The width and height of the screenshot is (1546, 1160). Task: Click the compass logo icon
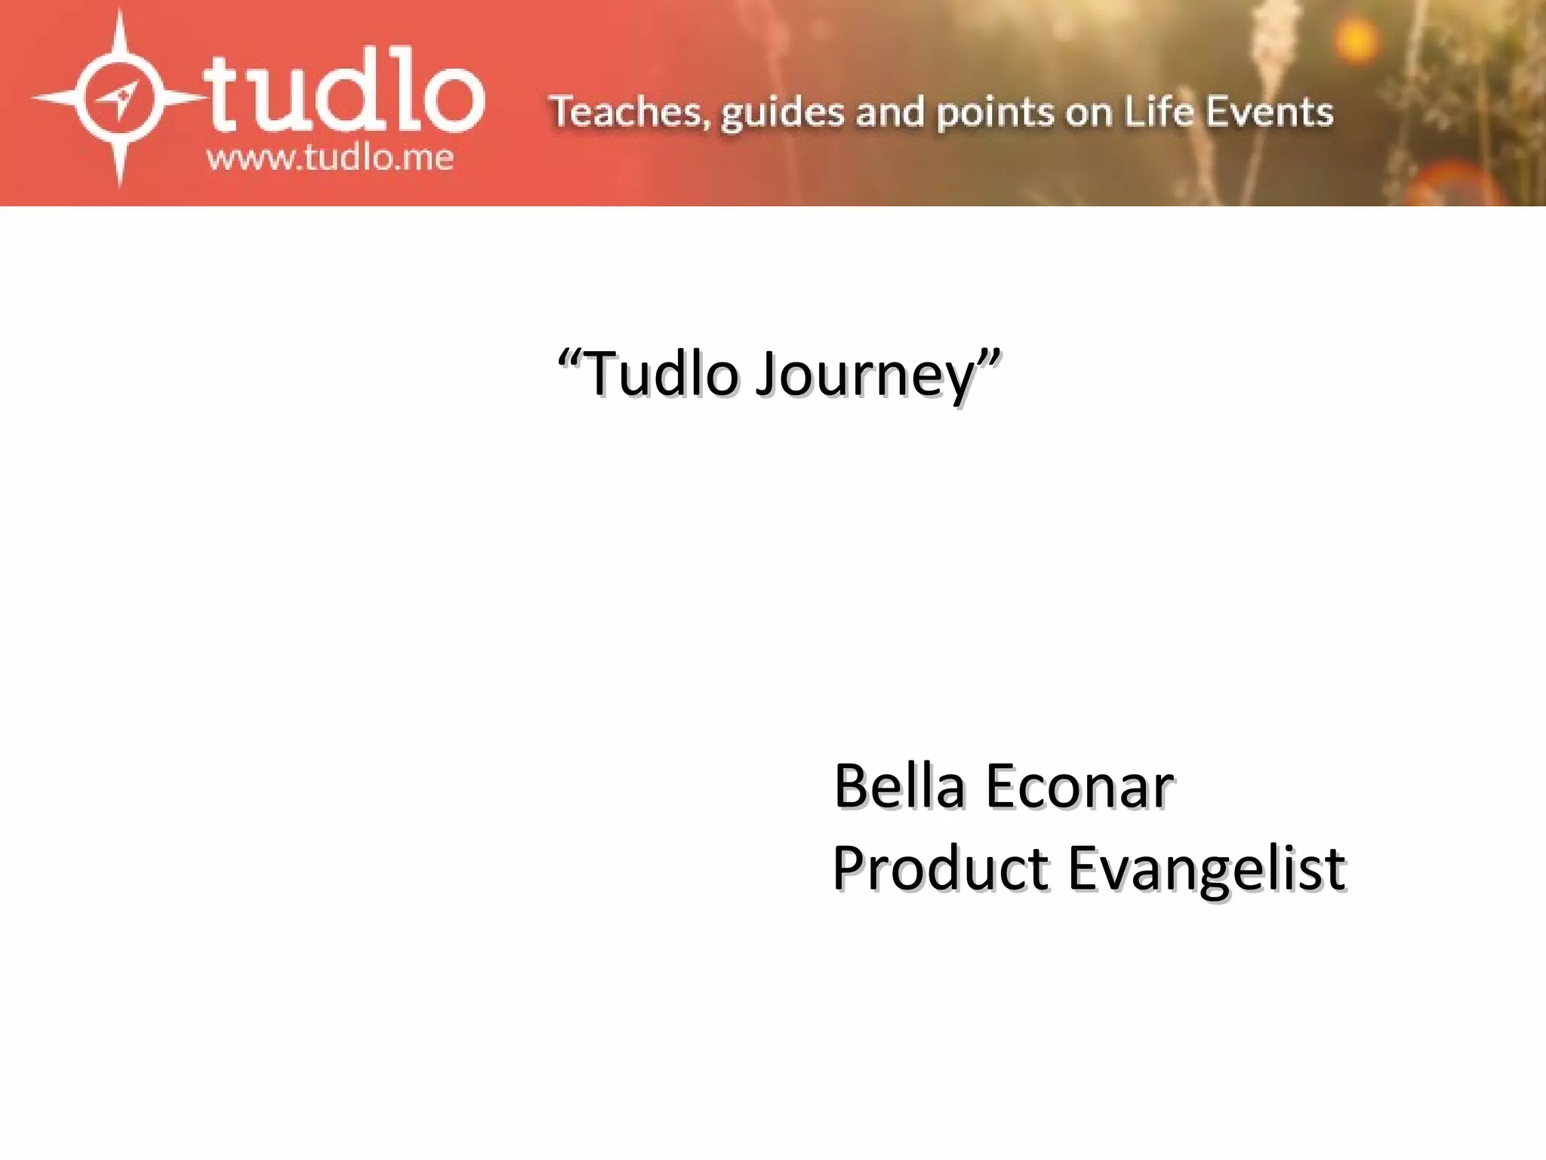(x=119, y=98)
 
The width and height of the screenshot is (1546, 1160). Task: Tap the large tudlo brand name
(x=343, y=94)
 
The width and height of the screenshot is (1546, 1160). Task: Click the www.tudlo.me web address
(x=330, y=159)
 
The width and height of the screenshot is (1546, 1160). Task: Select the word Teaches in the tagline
(x=629, y=112)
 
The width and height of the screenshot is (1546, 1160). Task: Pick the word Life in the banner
(x=1159, y=111)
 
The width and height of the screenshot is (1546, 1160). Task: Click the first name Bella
(x=899, y=786)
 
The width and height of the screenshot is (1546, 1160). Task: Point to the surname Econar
(x=1079, y=786)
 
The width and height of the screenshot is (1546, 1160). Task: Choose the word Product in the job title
(x=941, y=868)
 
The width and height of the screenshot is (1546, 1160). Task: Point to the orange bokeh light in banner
(x=1357, y=38)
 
